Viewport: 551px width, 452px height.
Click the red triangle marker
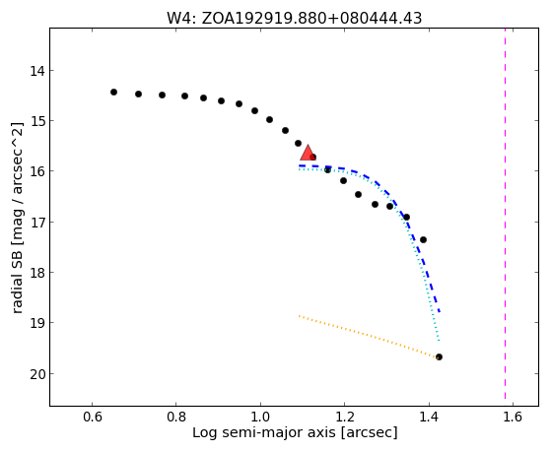point(308,153)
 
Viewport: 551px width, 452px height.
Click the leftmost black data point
point(113,92)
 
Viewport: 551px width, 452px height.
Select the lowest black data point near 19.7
point(439,356)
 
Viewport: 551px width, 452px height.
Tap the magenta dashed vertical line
point(506,214)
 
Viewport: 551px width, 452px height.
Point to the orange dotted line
point(369,336)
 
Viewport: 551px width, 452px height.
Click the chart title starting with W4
point(294,19)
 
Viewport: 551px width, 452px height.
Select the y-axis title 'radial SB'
point(17,218)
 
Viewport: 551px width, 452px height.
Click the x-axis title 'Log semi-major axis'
point(295,432)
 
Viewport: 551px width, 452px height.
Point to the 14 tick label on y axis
point(37,71)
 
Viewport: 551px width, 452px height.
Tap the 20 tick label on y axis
point(37,374)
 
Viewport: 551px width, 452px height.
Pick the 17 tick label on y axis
point(37,223)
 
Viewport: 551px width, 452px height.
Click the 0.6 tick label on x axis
point(92,417)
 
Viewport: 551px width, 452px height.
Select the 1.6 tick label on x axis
point(513,417)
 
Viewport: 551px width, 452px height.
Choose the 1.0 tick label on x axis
point(260,417)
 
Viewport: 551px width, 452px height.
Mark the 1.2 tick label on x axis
point(344,417)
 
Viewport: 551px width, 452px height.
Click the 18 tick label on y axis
point(37,273)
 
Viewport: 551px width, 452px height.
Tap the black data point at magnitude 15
point(269,120)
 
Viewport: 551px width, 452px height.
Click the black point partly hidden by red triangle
point(312,157)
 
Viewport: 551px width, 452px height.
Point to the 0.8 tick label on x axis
point(176,417)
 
